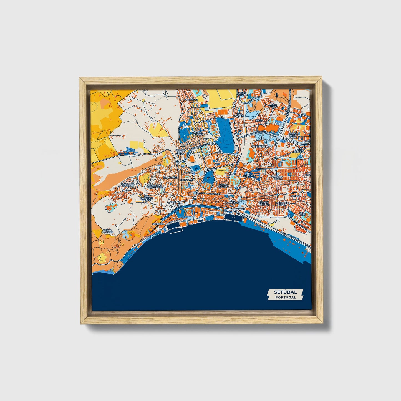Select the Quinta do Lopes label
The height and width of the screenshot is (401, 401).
pyautogui.click(x=107, y=231)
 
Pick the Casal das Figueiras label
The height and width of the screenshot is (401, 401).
pyautogui.click(x=128, y=185)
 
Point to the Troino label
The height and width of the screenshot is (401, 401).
pyautogui.click(x=175, y=202)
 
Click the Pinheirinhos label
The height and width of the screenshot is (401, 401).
pyautogui.click(x=260, y=146)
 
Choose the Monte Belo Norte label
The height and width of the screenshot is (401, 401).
pyautogui.click(x=292, y=135)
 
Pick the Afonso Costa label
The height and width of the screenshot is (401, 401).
pyautogui.click(x=278, y=177)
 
